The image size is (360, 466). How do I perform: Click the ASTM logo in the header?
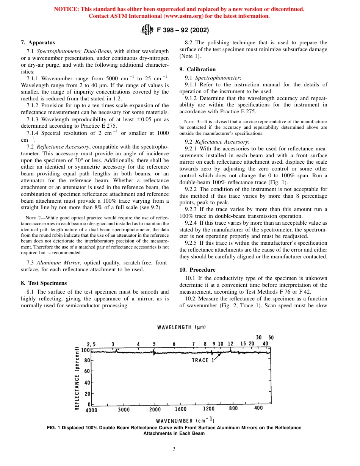tap(147, 30)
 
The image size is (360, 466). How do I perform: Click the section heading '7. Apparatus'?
tap(38, 43)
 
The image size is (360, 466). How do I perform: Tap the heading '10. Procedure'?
tap(197, 270)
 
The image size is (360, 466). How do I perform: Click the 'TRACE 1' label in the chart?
tap(203, 360)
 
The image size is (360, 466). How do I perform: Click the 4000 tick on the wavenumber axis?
tap(91, 410)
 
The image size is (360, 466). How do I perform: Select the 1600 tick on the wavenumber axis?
tap(180, 409)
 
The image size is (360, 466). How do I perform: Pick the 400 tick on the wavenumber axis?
tap(258, 408)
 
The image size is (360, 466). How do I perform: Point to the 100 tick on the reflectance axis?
tap(86, 350)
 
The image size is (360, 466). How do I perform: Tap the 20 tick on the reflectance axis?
tap(87, 394)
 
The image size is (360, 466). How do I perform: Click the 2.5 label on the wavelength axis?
tap(91, 344)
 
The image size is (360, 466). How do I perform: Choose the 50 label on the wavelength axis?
tap(271, 338)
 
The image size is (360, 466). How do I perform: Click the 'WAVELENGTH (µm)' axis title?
tap(182, 327)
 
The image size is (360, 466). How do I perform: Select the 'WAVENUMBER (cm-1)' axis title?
tap(185, 420)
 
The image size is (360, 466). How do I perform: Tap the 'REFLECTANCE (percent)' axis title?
tap(77, 378)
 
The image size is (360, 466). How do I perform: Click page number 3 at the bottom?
tap(174, 449)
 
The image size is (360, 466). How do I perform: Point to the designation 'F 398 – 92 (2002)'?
tap(183, 30)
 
